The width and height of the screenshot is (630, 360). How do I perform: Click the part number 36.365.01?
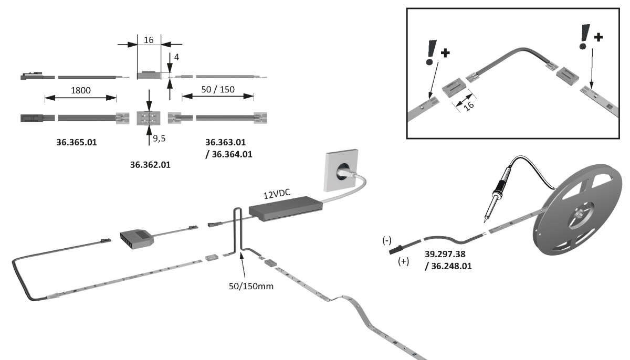click(x=77, y=142)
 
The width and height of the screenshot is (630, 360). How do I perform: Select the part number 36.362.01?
click(x=150, y=165)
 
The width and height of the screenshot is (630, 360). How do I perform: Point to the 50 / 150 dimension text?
click(x=218, y=89)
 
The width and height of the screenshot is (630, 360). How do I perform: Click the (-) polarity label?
click(x=387, y=240)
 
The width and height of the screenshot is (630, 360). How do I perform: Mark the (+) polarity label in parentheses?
click(x=403, y=261)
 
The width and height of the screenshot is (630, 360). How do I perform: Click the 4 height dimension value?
click(x=176, y=57)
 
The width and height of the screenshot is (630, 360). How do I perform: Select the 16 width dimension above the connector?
click(x=149, y=39)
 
